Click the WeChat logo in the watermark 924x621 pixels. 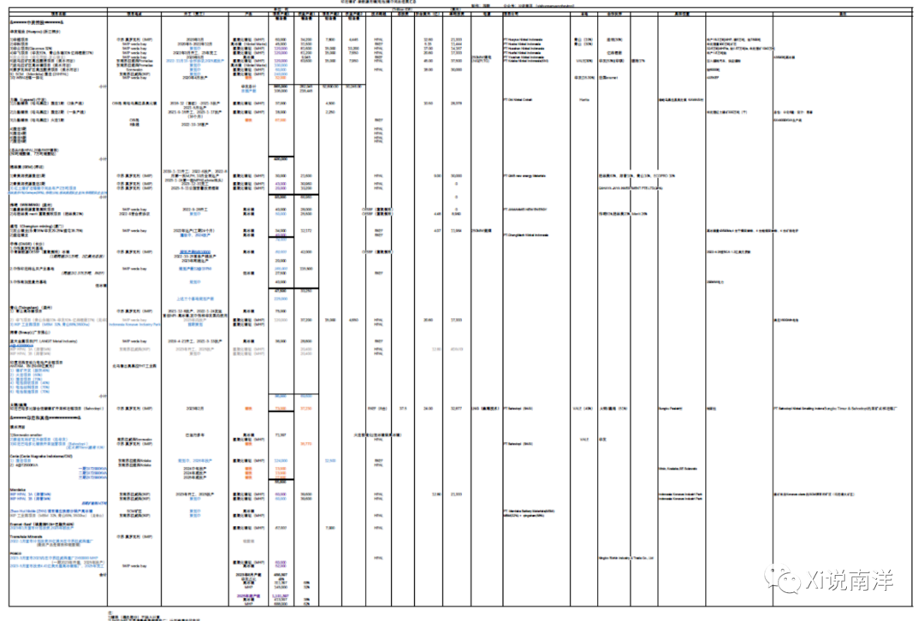(x=785, y=581)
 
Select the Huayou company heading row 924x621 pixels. (x=26, y=31)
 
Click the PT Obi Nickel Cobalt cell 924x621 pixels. (x=527, y=103)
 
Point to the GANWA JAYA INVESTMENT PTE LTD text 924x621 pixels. (x=630, y=186)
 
